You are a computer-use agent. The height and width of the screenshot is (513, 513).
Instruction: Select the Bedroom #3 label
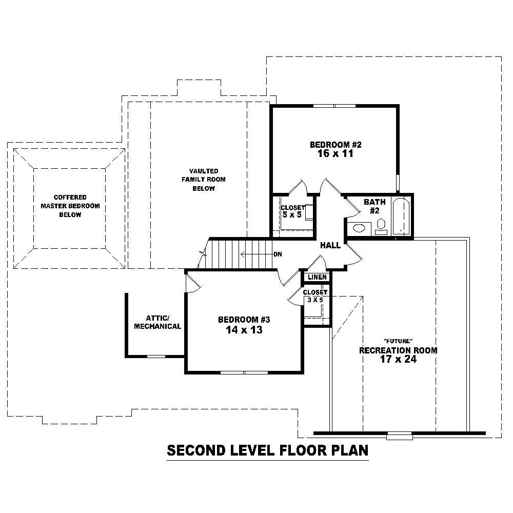pyautogui.click(x=244, y=320)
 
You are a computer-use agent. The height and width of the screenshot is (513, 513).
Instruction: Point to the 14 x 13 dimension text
pyautogui.click(x=244, y=330)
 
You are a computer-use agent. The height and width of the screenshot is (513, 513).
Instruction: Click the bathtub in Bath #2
pyautogui.click(x=400, y=216)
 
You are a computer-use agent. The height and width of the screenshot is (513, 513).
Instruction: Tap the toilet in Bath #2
pyautogui.click(x=380, y=225)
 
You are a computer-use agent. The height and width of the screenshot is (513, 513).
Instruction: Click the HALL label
pyautogui.click(x=330, y=246)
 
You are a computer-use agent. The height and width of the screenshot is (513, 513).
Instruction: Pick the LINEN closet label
pyautogui.click(x=317, y=278)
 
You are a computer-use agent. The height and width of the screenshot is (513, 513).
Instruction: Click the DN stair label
pyautogui.click(x=278, y=254)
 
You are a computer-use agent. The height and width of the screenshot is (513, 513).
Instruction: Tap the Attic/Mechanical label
pyautogui.click(x=157, y=322)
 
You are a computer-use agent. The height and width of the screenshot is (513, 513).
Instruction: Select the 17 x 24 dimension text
pyautogui.click(x=398, y=360)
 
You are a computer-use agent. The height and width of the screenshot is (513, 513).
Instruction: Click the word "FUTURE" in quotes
pyautogui.click(x=398, y=342)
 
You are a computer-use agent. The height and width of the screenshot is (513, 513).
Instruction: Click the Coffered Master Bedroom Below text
pyautogui.click(x=70, y=206)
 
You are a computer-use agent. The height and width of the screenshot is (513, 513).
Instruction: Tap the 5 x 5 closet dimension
pyautogui.click(x=291, y=215)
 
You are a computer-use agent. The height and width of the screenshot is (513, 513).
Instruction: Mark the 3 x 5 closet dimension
pyautogui.click(x=315, y=300)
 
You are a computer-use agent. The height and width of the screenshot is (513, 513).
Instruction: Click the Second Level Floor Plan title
pyautogui.click(x=268, y=451)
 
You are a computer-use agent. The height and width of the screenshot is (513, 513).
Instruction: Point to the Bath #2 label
pyautogui.click(x=371, y=206)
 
